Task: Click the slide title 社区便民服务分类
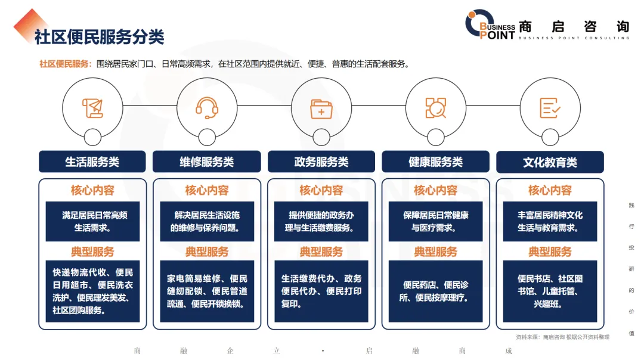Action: pyautogui.click(x=99, y=36)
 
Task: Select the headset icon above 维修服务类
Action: pyautogui.click(x=207, y=108)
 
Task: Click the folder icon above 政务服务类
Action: pyautogui.click(x=321, y=108)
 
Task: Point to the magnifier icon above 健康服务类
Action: pyautogui.click(x=436, y=108)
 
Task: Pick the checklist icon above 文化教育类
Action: pyautogui.click(x=550, y=108)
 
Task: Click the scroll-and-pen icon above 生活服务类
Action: pyautogui.click(x=92, y=108)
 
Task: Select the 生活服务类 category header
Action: pyautogui.click(x=92, y=162)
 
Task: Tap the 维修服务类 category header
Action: pyautogui.click(x=207, y=162)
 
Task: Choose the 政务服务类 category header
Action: pyautogui.click(x=321, y=162)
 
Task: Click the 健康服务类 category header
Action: pyautogui.click(x=436, y=162)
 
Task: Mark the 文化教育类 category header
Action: pyautogui.click(x=550, y=162)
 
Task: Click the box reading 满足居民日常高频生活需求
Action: pyautogui.click(x=92, y=221)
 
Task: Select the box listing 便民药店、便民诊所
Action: pyautogui.click(x=436, y=291)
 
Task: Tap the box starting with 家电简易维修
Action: pyautogui.click(x=207, y=291)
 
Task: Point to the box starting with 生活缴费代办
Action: pyautogui.click(x=321, y=291)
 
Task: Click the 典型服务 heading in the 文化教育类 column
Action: pyautogui.click(x=550, y=252)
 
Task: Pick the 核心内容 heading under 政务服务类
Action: pyautogui.click(x=321, y=191)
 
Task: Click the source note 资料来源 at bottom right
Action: pyautogui.click(x=562, y=337)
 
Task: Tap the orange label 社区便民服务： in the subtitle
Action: pyautogui.click(x=65, y=64)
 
